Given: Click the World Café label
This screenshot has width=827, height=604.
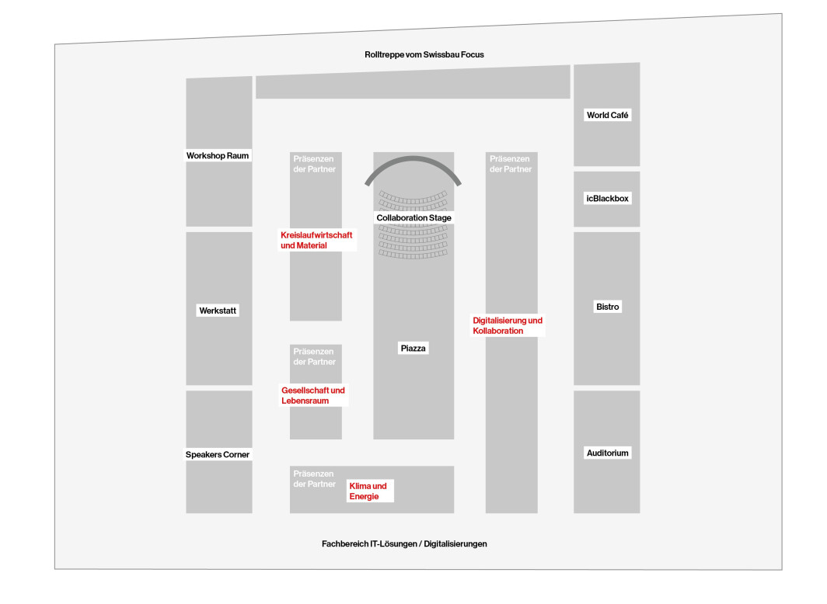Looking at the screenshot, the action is [x=608, y=115].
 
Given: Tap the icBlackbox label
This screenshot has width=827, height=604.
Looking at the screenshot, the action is [x=608, y=199].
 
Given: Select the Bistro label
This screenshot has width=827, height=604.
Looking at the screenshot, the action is [x=608, y=307].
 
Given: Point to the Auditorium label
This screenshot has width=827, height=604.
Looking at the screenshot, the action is [x=608, y=453].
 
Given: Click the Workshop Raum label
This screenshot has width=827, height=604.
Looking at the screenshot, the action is [x=218, y=155].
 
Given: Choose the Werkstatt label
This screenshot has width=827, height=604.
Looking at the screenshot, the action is [x=218, y=311].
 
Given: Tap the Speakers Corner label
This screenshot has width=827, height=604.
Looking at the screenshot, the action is [x=218, y=454].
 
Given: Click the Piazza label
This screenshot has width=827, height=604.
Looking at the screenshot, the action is [x=413, y=348].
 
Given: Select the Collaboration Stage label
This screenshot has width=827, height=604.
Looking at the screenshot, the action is [x=414, y=217].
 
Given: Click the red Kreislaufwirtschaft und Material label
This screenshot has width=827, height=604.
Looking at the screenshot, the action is [x=316, y=240].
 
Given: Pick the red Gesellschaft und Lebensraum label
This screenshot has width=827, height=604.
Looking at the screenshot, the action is [x=313, y=395].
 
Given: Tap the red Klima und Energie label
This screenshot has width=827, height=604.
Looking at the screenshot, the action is [x=368, y=491].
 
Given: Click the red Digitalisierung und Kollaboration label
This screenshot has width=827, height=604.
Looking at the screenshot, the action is [x=508, y=325].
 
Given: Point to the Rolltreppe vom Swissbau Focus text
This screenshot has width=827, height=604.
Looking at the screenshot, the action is [x=424, y=54].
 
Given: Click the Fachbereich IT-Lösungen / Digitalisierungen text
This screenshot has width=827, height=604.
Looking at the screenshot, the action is [x=404, y=543].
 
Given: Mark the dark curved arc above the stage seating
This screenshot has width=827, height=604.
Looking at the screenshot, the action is [x=413, y=158].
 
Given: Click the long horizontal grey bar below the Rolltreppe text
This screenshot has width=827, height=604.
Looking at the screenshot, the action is [x=413, y=82].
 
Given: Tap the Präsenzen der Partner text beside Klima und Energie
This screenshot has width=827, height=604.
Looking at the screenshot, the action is [x=314, y=479].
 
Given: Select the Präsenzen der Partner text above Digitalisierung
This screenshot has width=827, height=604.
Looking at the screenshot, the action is [x=511, y=164].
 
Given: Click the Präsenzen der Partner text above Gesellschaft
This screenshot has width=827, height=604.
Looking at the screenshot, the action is [x=314, y=356].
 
